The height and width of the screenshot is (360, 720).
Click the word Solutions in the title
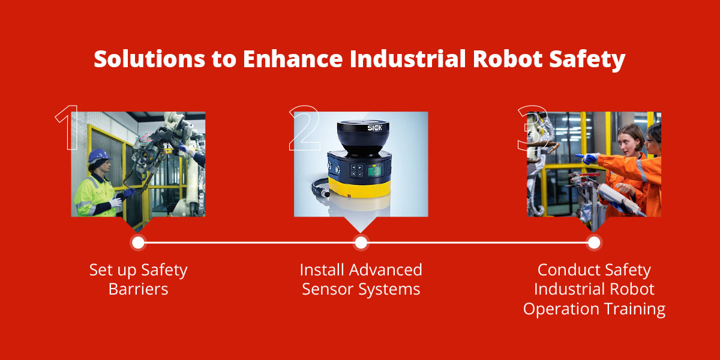click(x=149, y=59)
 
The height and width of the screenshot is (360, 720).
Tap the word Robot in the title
click(x=508, y=59)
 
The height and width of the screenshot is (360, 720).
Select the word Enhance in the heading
click(x=293, y=59)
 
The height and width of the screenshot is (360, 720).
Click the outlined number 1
click(x=67, y=128)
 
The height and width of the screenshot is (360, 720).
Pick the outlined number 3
click(x=533, y=128)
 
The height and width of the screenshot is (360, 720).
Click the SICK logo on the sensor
click(x=375, y=128)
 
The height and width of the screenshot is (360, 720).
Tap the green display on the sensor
click(x=374, y=172)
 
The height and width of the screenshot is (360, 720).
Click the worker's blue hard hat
click(x=100, y=156)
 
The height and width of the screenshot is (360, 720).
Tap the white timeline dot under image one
click(x=138, y=242)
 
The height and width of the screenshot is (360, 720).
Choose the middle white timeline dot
click(x=361, y=242)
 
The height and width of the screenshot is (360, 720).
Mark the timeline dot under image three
click(x=593, y=242)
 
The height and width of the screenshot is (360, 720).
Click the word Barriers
click(x=138, y=289)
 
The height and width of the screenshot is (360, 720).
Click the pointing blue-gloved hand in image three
click(x=587, y=158)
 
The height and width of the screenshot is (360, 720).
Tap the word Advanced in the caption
click(x=386, y=269)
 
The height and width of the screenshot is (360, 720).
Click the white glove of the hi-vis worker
click(x=115, y=202)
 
